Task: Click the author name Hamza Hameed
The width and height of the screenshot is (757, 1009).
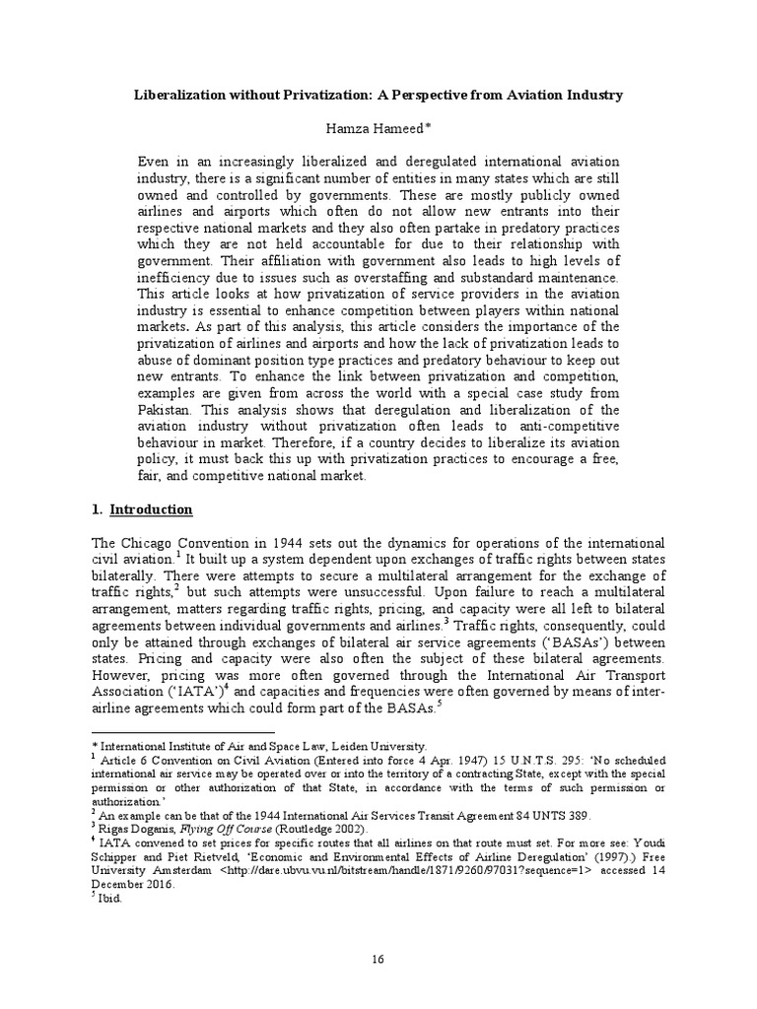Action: point(378,128)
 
